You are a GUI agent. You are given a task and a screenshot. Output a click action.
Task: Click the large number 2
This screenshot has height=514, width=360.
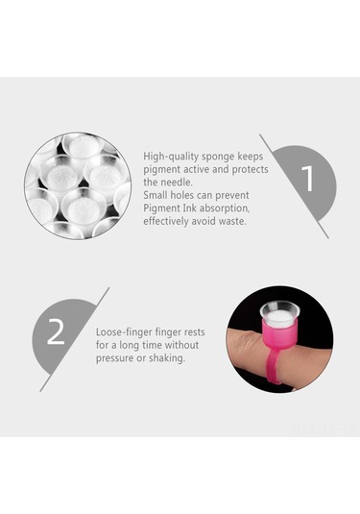coord(57,332)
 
